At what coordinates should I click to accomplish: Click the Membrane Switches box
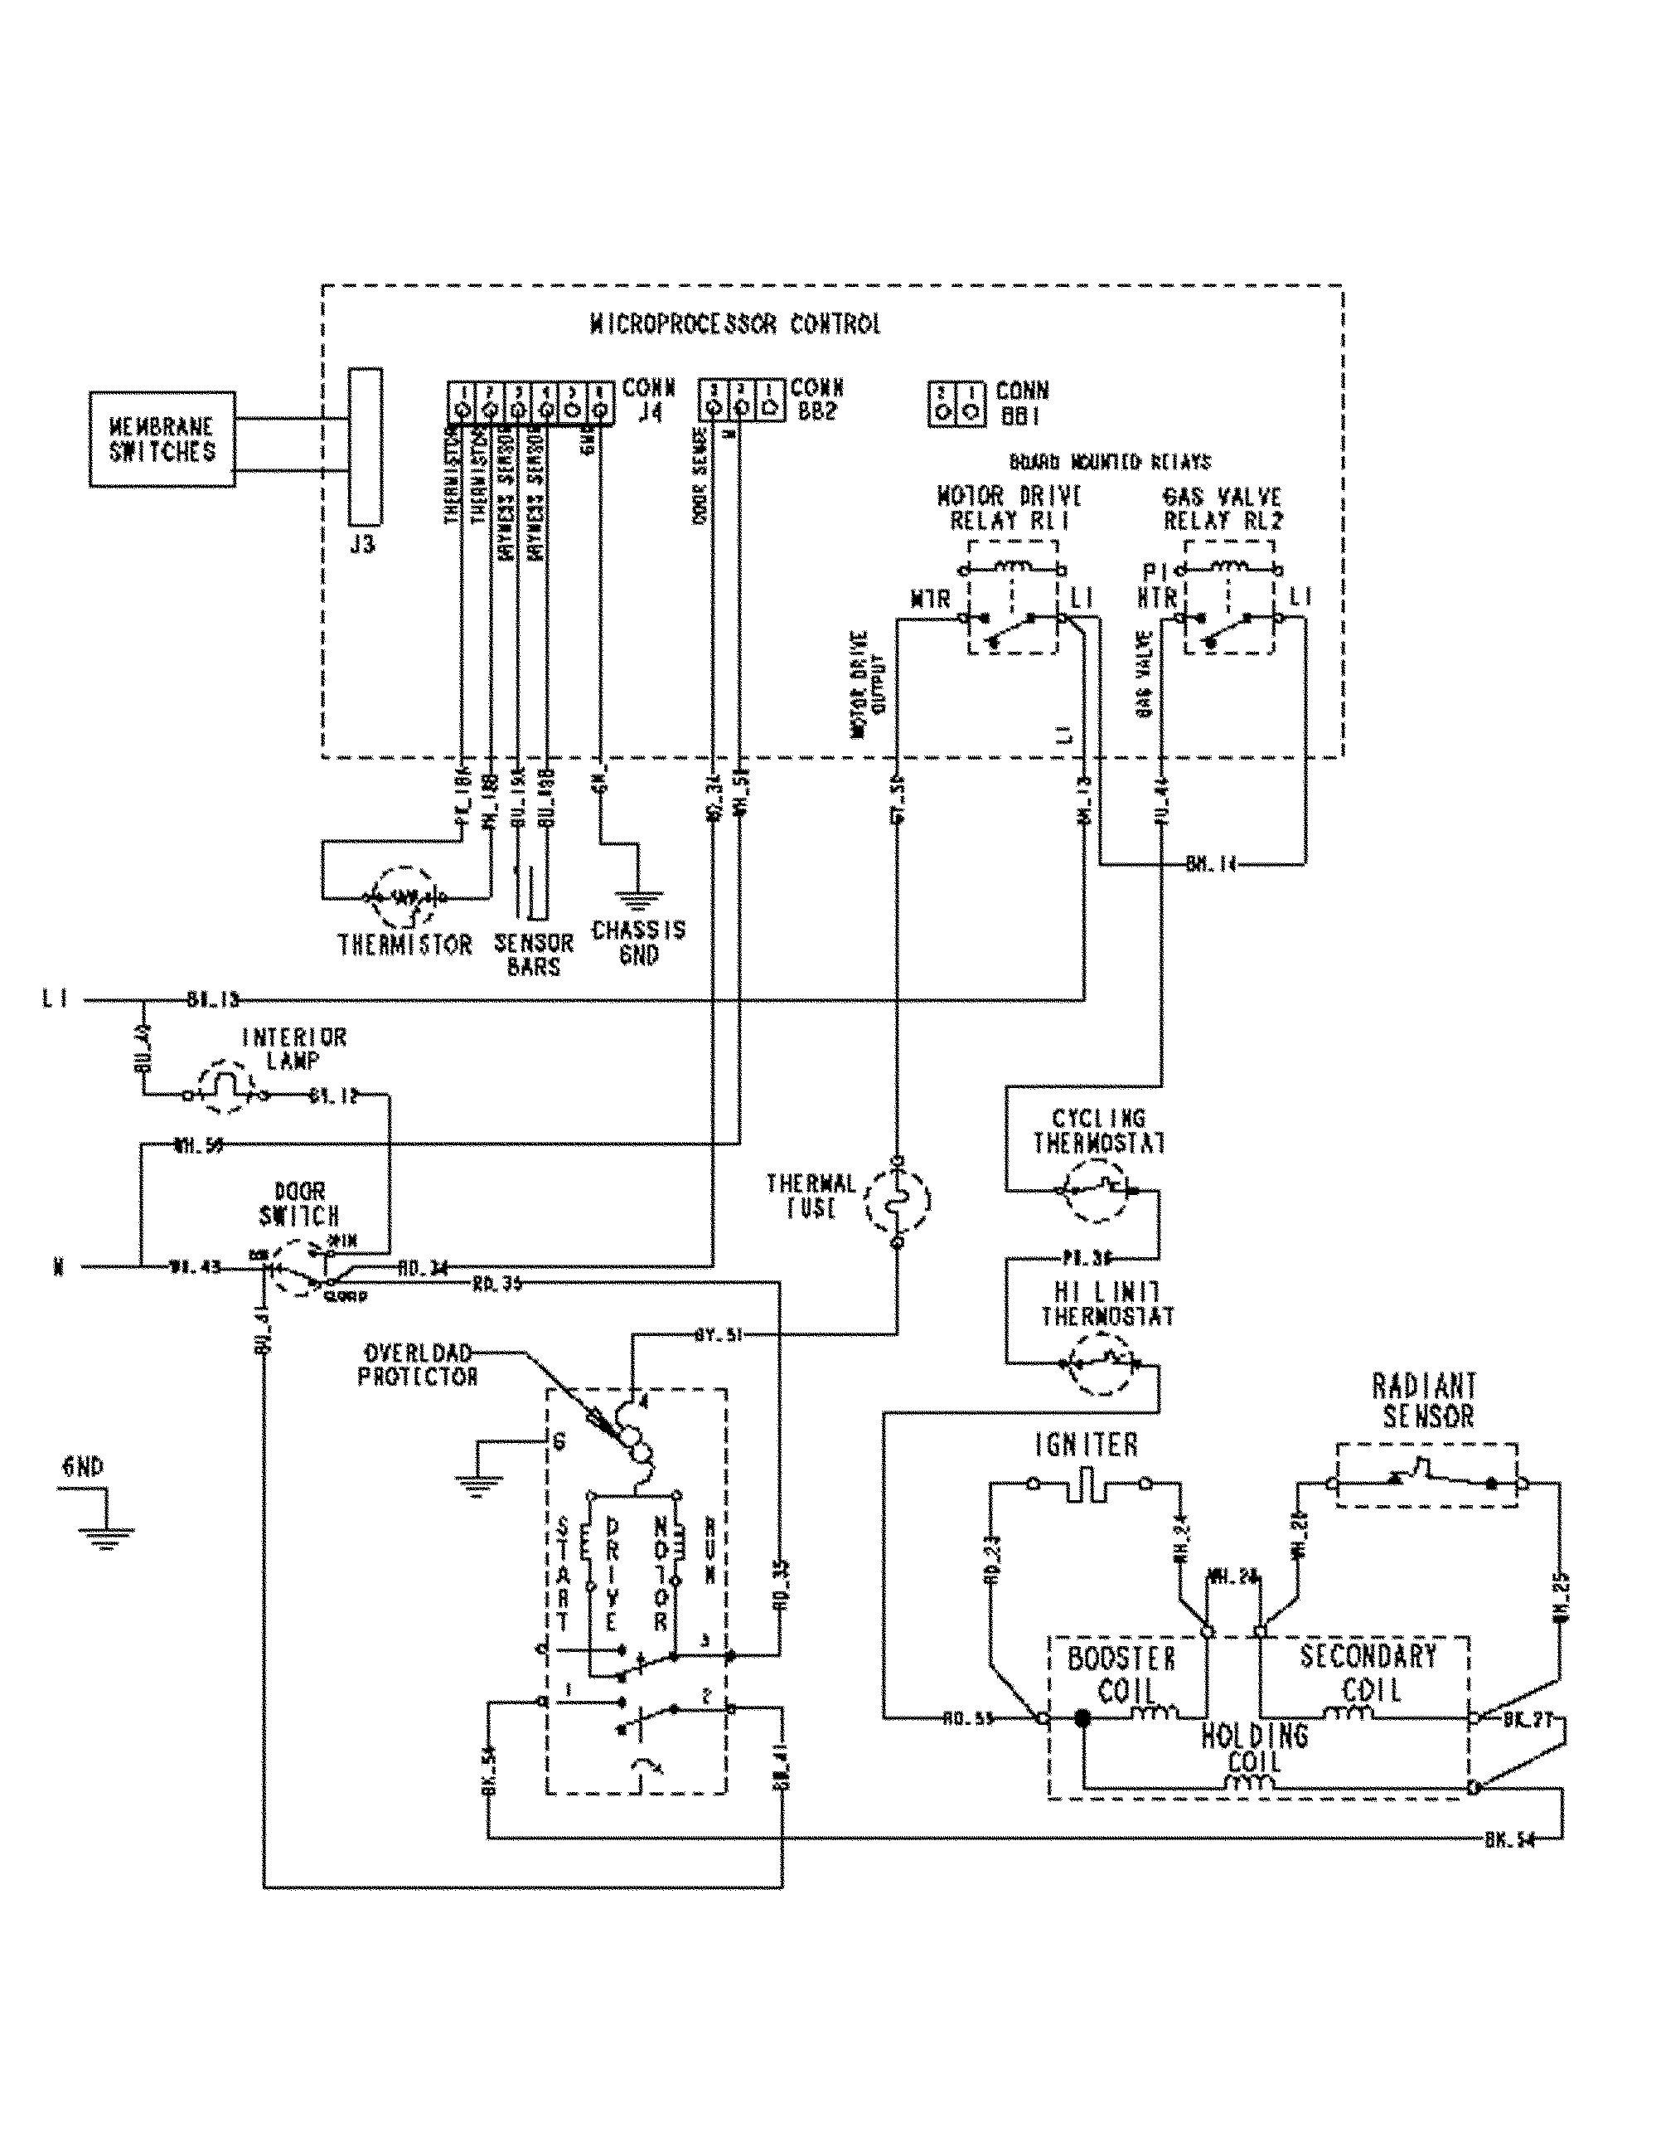click(162, 440)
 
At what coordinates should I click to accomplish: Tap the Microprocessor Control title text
click(734, 323)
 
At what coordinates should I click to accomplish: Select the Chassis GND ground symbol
click(639, 896)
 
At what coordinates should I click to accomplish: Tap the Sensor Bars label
click(534, 954)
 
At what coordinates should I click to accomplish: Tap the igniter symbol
click(1087, 1485)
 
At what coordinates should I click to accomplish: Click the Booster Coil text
click(1121, 1675)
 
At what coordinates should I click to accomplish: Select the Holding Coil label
click(1254, 1747)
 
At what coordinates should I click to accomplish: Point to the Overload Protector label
click(418, 1366)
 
